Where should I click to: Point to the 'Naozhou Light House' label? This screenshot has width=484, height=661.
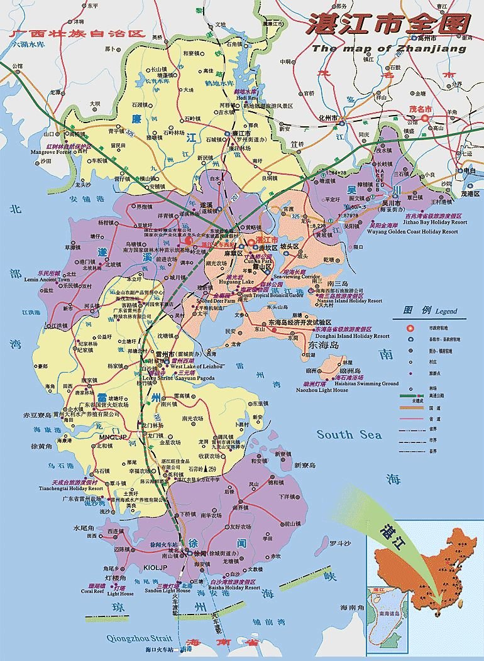point(325,390)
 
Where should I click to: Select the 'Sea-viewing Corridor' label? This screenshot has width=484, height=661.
point(302,276)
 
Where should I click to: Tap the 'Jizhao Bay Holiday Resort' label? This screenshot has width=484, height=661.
point(429,222)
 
